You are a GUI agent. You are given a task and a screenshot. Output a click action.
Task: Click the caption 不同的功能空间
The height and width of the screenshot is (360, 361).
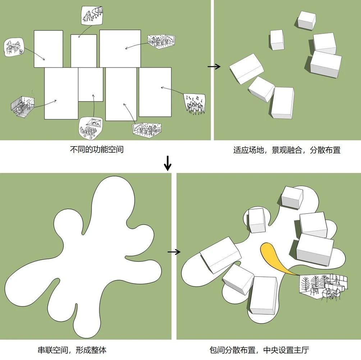(97, 149)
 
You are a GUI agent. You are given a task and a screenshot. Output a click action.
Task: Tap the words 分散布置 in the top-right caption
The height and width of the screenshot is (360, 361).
(325, 150)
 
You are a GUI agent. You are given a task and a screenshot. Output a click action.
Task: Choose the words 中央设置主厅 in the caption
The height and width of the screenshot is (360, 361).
(286, 350)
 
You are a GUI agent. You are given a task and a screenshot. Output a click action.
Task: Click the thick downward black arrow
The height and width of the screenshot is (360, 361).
(168, 163)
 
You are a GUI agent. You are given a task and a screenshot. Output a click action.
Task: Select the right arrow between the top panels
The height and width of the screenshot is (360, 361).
(214, 67)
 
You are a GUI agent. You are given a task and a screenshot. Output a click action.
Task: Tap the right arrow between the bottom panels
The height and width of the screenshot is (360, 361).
(174, 252)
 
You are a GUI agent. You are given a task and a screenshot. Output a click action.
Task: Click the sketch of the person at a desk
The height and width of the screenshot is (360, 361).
(14, 47)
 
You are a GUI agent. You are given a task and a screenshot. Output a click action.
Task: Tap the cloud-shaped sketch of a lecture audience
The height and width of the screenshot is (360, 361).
(91, 128)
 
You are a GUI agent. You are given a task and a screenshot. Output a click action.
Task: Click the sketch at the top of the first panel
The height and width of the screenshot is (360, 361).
(92, 15)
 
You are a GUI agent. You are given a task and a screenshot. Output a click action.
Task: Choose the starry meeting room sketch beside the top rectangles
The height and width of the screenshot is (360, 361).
(161, 41)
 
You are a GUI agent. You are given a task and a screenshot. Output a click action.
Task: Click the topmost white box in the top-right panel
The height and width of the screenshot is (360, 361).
(306, 20)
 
